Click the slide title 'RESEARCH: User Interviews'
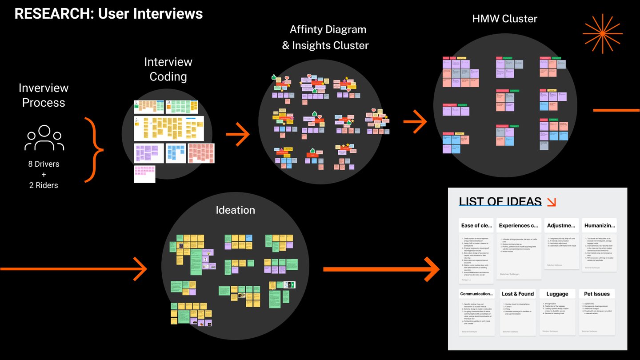(x=108, y=14)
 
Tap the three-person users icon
(x=44, y=138)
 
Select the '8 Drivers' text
(x=44, y=164)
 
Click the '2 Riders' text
(x=44, y=185)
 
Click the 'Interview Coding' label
(x=168, y=69)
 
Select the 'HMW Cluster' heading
(x=504, y=19)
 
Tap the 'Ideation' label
(x=235, y=210)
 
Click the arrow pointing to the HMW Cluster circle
(x=415, y=123)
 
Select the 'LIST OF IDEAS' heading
(x=500, y=202)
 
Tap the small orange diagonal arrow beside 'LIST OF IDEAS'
(x=551, y=202)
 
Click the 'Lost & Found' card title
(x=518, y=294)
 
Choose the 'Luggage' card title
(x=557, y=294)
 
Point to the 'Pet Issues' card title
(x=597, y=294)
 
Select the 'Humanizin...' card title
(x=600, y=225)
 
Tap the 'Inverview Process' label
(x=44, y=95)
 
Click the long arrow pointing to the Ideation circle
(x=73, y=269)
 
